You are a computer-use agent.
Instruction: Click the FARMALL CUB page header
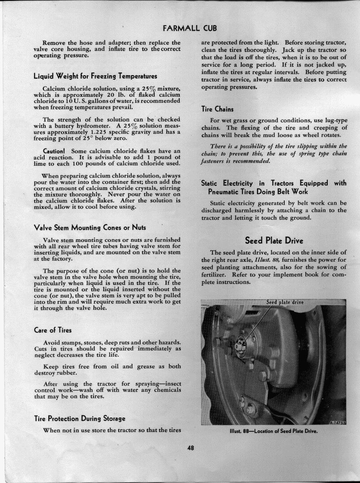point(190,28)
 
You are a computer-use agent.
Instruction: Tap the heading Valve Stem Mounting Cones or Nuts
point(90,227)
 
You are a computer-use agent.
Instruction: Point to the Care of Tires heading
point(53,330)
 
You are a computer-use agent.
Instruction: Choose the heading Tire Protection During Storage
point(80,418)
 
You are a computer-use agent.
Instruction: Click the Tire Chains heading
point(218,108)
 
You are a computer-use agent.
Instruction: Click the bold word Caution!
point(55,151)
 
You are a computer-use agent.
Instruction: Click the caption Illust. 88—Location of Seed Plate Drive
point(273,431)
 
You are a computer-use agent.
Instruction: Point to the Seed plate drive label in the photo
point(285,302)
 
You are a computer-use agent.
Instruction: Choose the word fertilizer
point(216,275)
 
